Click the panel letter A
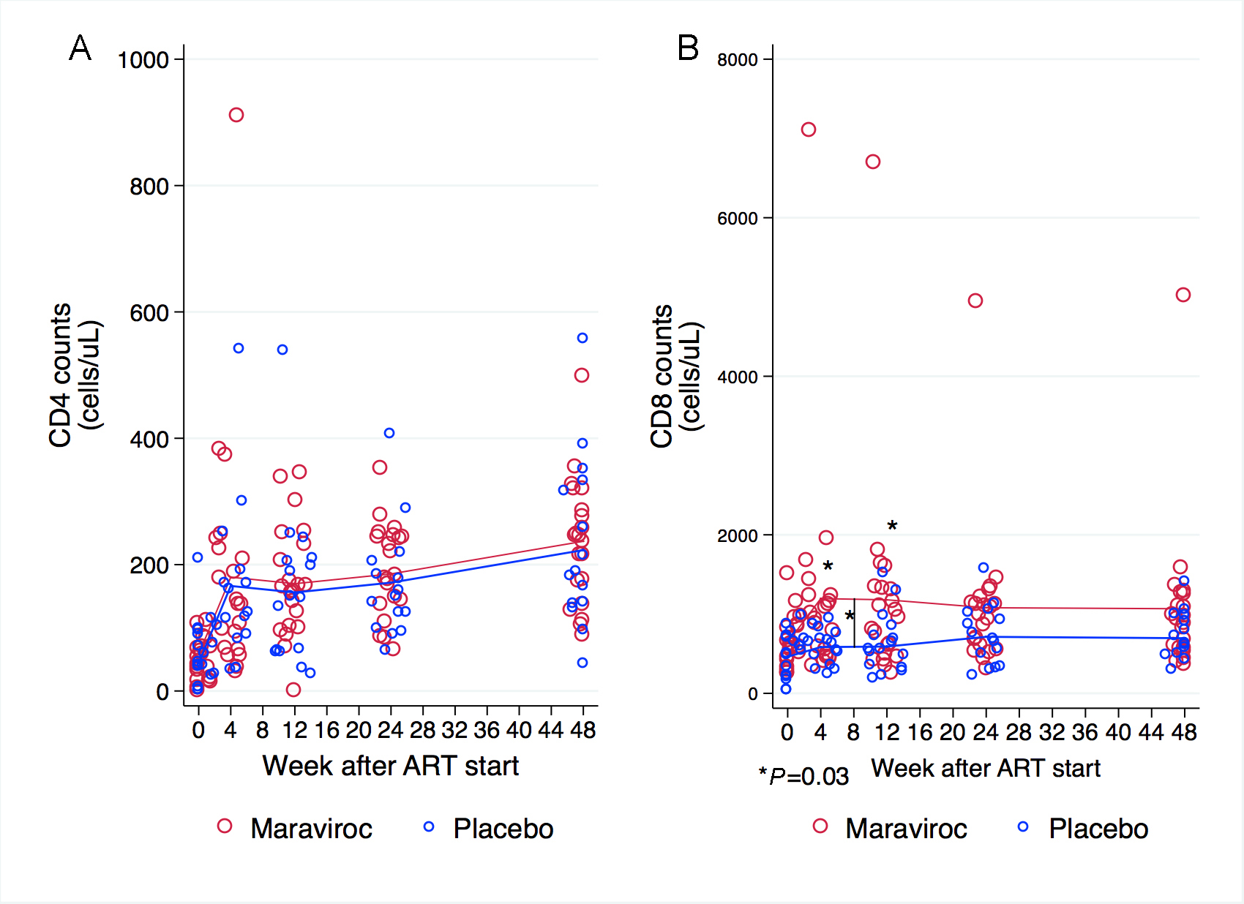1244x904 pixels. pyautogui.click(x=80, y=48)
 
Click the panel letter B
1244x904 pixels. pyautogui.click(x=688, y=48)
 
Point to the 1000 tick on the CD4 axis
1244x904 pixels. pyautogui.click(x=143, y=60)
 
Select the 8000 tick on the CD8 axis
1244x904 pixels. pyautogui.click(x=737, y=60)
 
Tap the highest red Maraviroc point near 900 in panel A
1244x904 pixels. pyautogui.click(x=236, y=115)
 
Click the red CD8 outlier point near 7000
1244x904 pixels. pyautogui.click(x=808, y=129)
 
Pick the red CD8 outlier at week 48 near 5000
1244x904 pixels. pyautogui.click(x=1183, y=295)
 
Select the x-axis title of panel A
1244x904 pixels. pyautogui.click(x=390, y=766)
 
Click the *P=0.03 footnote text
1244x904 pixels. pyautogui.click(x=803, y=776)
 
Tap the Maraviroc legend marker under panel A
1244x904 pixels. pyautogui.click(x=225, y=826)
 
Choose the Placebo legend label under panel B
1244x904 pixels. pyautogui.click(x=1098, y=829)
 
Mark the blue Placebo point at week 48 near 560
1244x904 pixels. pyautogui.click(x=582, y=338)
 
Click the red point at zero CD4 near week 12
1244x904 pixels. pyautogui.click(x=293, y=690)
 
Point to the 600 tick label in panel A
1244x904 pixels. pyautogui.click(x=149, y=313)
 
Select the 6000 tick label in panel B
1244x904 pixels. pyautogui.click(x=737, y=219)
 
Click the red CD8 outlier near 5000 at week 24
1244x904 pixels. pyautogui.click(x=975, y=301)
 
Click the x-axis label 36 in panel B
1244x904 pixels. pyautogui.click(x=1084, y=732)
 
